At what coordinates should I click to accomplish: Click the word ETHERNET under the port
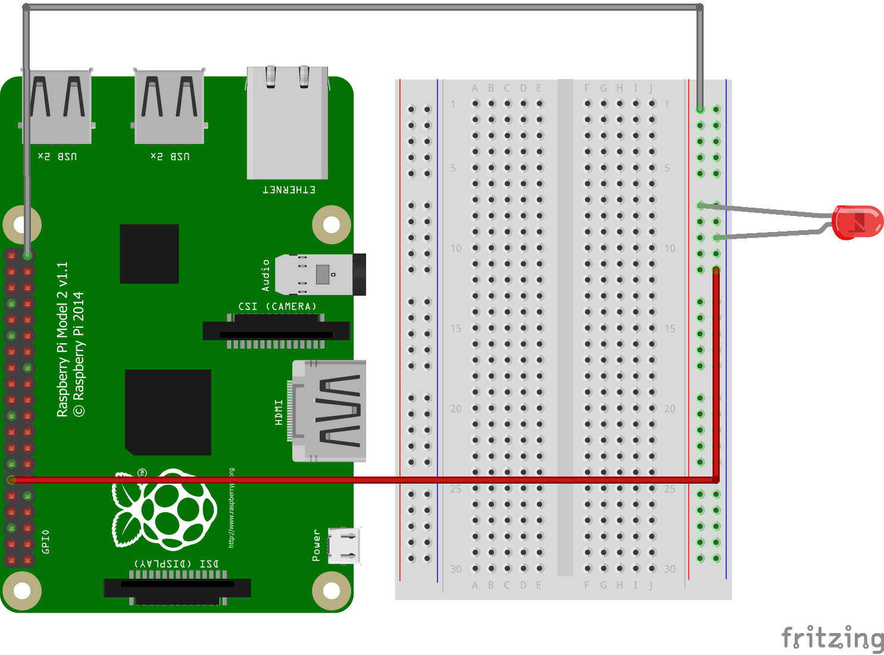point(289,190)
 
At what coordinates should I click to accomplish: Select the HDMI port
point(329,410)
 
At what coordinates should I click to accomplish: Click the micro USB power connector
point(344,545)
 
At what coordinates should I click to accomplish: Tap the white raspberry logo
point(164,510)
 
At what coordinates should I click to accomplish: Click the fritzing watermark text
point(832,638)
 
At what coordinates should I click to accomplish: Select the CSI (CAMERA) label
point(277,306)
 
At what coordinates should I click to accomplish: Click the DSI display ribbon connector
point(177,588)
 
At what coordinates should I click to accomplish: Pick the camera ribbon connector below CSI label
point(276,330)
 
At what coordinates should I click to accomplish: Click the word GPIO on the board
point(46,541)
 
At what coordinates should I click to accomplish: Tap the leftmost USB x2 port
point(57,107)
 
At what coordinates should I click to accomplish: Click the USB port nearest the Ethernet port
point(170,107)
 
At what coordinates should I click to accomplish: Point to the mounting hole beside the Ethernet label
point(332,224)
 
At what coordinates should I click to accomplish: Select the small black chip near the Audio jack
point(149,254)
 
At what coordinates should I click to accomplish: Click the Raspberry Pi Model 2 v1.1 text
point(63,339)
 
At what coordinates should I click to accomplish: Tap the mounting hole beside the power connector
point(332,591)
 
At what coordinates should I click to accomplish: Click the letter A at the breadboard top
point(475,89)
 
